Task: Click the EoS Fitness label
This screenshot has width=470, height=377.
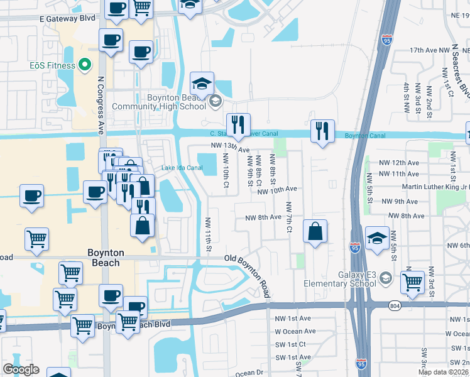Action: coord(52,65)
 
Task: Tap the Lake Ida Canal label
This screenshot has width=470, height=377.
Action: coord(182,168)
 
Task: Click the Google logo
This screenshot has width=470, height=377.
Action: coord(21,369)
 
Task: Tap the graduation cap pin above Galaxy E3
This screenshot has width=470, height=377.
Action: coord(377,238)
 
